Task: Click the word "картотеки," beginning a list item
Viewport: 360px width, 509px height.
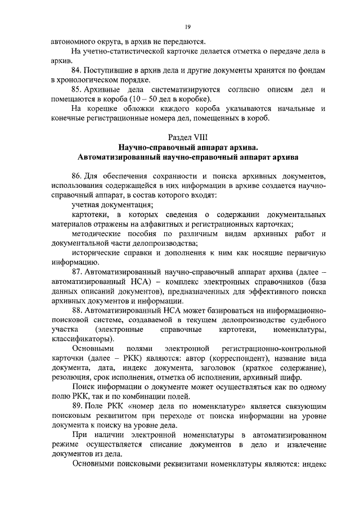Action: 89,214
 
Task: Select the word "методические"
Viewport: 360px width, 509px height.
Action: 96,233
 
